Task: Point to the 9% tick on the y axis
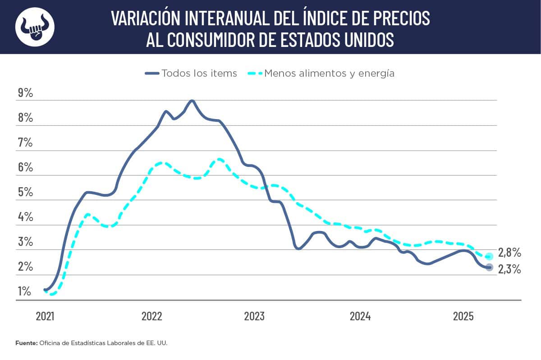[x=25, y=93]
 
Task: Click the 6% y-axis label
[x=25, y=167]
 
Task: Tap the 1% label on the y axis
[x=24, y=291]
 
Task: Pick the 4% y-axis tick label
[x=25, y=217]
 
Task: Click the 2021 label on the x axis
[x=45, y=316]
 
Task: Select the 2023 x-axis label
[x=254, y=316]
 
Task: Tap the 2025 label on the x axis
[x=463, y=316]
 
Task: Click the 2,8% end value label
[x=509, y=252]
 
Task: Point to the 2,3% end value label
[x=509, y=270]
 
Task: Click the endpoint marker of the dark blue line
[x=490, y=268]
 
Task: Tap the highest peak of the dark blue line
[x=192, y=101]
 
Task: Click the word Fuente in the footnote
[x=27, y=343]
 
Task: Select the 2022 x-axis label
[x=151, y=316]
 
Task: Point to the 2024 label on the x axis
[x=360, y=316]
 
